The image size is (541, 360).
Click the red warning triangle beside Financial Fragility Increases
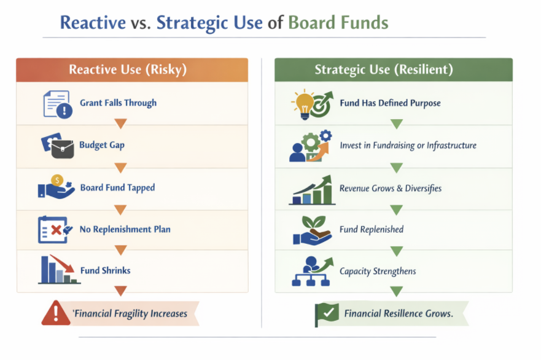click(x=56, y=313)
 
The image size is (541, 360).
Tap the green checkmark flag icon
click(x=327, y=314)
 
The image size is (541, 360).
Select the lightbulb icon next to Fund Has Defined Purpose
click(x=303, y=104)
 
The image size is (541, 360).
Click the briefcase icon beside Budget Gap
click(x=63, y=149)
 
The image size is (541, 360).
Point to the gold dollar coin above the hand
click(x=57, y=180)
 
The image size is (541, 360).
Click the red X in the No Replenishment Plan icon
click(x=56, y=230)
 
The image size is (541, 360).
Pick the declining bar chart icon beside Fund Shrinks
click(x=59, y=270)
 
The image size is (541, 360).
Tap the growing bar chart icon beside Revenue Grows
click(x=312, y=190)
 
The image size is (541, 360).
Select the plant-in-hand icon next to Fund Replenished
click(x=312, y=230)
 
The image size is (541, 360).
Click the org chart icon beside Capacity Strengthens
click(x=312, y=272)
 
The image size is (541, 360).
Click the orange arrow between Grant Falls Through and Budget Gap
click(x=120, y=123)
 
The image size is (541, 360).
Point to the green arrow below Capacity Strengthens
click(x=397, y=291)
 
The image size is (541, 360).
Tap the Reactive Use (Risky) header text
click(x=128, y=69)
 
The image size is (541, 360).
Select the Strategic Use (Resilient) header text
click(x=384, y=69)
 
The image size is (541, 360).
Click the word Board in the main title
click(x=311, y=23)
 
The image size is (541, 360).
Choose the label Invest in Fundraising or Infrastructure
click(x=408, y=146)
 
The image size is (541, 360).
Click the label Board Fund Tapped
click(x=118, y=187)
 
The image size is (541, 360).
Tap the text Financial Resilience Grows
click(x=399, y=313)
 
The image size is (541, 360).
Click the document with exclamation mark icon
click(x=58, y=104)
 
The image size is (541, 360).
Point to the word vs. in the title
click(x=141, y=23)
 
